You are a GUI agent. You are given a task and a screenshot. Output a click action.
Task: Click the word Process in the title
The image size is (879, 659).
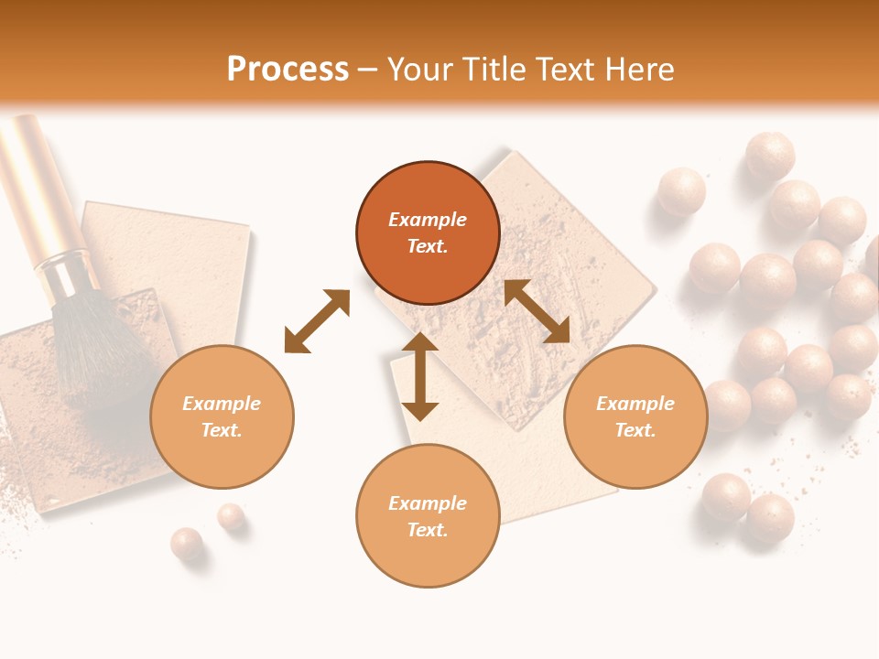pyautogui.click(x=288, y=70)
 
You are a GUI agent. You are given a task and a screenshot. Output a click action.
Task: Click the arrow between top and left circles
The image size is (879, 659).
pyautogui.click(x=317, y=321)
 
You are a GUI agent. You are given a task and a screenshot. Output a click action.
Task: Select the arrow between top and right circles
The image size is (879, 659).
pyautogui.click(x=537, y=311)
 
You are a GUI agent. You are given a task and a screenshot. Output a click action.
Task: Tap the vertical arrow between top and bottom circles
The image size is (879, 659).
pyautogui.click(x=420, y=376)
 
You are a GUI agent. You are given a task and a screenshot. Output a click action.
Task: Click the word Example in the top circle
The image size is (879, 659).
pyautogui.click(x=428, y=220)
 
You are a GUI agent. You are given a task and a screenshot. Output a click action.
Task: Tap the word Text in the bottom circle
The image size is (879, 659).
pyautogui.click(x=428, y=530)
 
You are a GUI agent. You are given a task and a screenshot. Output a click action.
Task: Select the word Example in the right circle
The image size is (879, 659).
pyautogui.click(x=635, y=404)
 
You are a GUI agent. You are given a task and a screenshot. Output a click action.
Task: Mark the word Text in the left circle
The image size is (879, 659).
pyautogui.click(x=222, y=430)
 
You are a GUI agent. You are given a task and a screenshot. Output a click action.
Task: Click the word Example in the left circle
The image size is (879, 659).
pyautogui.click(x=222, y=404)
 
